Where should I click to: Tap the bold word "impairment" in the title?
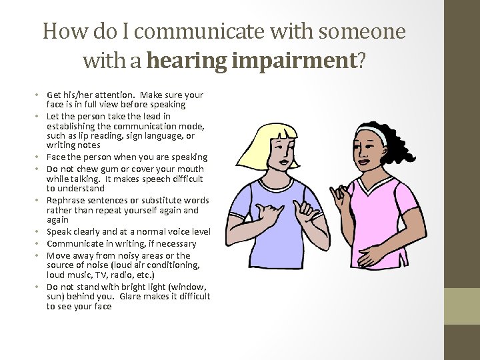[291, 61]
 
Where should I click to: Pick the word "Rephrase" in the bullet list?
[66, 201]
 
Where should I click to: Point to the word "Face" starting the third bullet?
[56, 157]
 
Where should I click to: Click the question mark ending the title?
[361, 61]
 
